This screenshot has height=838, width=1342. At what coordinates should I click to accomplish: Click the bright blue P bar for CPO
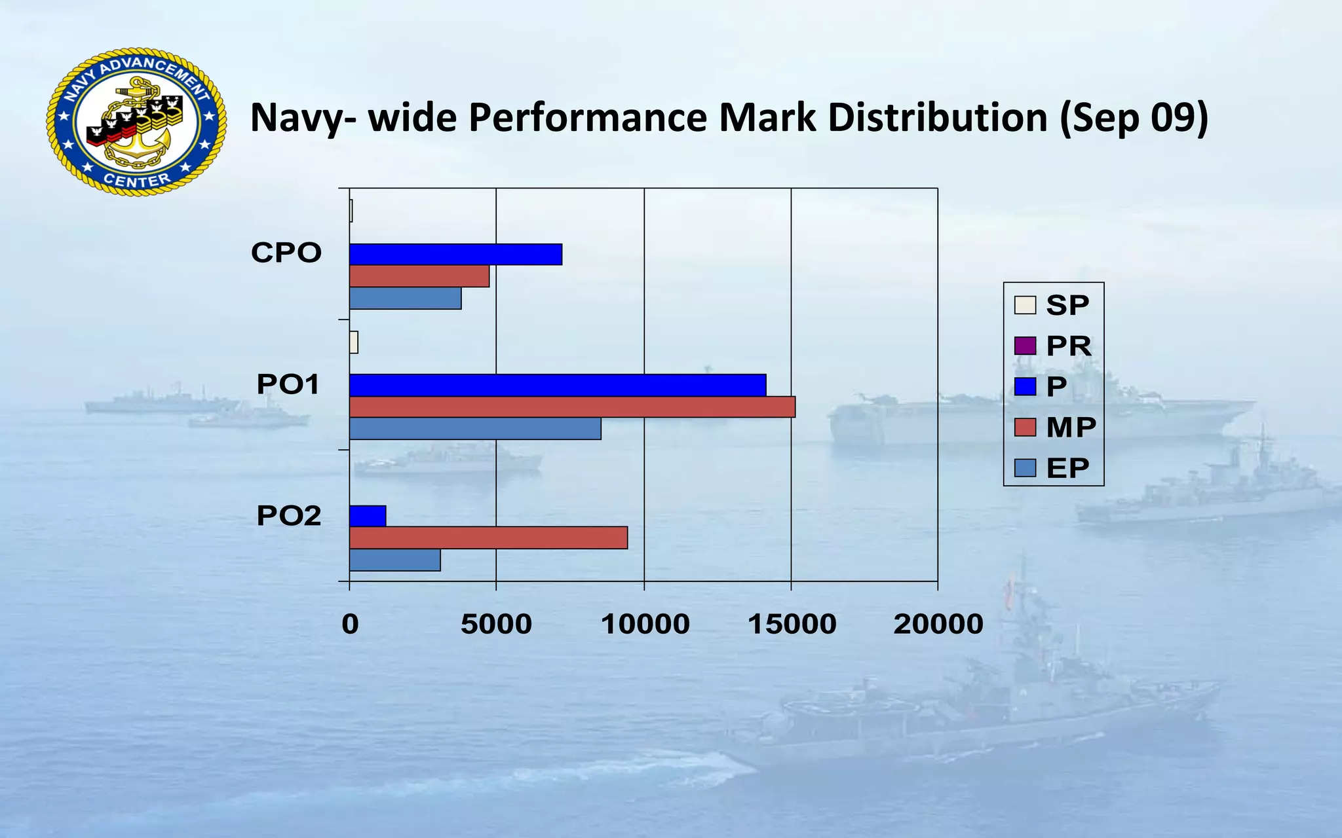[x=455, y=254]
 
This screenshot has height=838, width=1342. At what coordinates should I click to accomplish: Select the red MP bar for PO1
[x=572, y=407]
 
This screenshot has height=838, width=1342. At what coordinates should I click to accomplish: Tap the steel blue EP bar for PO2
[x=394, y=560]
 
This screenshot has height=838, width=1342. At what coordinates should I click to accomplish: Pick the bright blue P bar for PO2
[x=368, y=516]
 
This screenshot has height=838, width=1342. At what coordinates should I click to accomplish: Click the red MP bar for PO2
[x=488, y=537]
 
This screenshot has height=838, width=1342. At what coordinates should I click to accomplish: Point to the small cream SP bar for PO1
[x=354, y=342]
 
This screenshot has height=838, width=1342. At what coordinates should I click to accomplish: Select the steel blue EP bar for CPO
[x=405, y=299]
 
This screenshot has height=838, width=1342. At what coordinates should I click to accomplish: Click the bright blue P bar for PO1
[x=558, y=385]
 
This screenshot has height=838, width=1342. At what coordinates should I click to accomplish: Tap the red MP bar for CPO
[x=419, y=276]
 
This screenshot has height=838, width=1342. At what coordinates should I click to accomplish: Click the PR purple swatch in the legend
[x=1025, y=346]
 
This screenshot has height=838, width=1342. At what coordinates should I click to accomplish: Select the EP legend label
[x=1067, y=468]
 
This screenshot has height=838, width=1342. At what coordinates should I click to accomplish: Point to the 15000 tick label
[x=792, y=624]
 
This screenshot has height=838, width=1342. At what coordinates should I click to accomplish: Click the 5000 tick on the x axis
[x=496, y=624]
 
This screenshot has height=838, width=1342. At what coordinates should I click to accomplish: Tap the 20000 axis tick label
[x=938, y=624]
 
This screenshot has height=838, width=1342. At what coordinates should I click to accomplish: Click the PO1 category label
[x=288, y=384]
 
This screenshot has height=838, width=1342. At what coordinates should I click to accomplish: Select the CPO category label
[x=286, y=253]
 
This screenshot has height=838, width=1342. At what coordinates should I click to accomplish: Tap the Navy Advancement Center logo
[x=136, y=122]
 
